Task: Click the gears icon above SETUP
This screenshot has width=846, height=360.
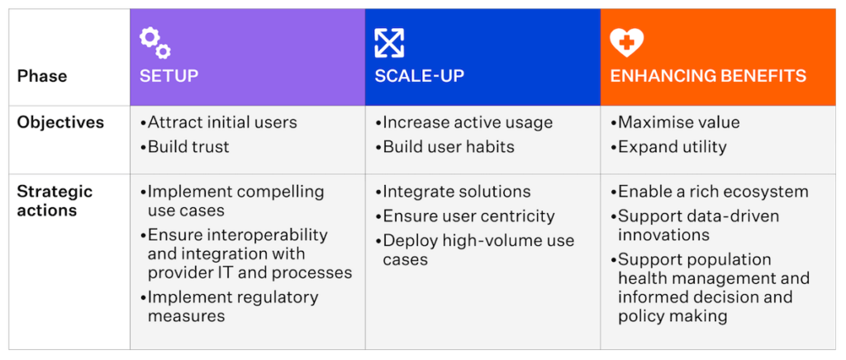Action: [155, 44]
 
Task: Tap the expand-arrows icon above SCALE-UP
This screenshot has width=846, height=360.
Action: [389, 43]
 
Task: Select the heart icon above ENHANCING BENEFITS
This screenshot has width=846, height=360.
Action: [626, 43]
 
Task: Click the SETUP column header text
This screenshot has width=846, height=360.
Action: [169, 75]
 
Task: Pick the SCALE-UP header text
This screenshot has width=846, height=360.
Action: [419, 75]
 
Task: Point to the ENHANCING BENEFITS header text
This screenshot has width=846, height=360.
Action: [708, 75]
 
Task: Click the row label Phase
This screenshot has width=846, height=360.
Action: [42, 76]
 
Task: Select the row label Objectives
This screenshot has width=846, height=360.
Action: [60, 122]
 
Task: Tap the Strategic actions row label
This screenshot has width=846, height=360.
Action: [55, 201]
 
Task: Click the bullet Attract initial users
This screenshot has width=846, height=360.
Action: [218, 122]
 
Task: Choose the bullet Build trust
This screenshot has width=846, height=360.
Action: [184, 147]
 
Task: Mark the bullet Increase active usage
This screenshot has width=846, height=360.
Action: [464, 122]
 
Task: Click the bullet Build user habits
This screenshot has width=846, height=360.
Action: [444, 147]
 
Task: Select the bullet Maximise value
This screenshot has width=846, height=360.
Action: [675, 122]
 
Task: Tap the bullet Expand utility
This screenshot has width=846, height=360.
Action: [668, 147]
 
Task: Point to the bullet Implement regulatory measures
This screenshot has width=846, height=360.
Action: [230, 306]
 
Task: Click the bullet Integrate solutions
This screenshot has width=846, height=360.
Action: [454, 192]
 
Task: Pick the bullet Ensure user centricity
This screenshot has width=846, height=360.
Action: [465, 216]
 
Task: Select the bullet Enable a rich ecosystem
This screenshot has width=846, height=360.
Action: [710, 192]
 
